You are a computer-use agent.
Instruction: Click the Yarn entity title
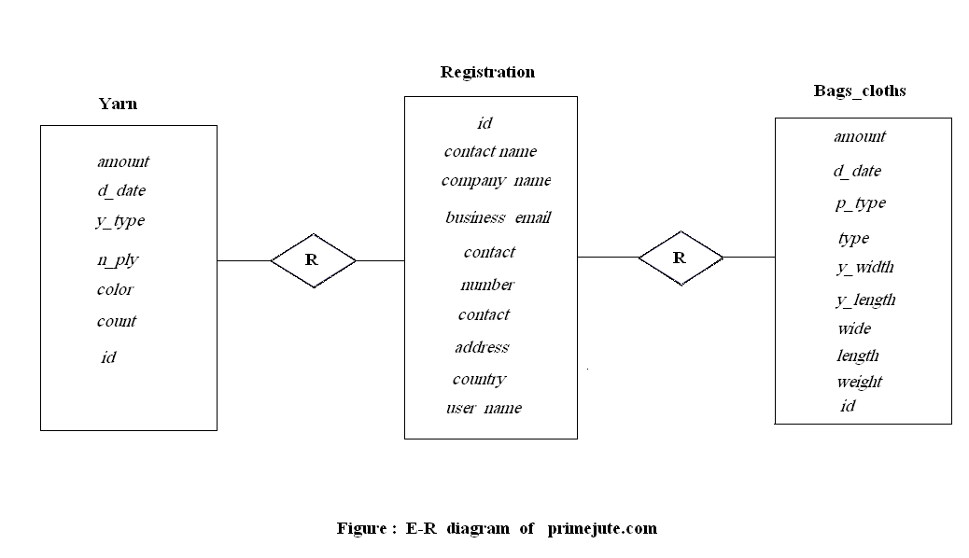coord(118,104)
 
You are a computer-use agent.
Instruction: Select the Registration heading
coord(487,72)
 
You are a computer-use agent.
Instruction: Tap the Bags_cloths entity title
coord(860,91)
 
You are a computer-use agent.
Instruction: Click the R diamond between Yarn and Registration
coord(313,260)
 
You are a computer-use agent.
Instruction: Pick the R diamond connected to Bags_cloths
coord(680,257)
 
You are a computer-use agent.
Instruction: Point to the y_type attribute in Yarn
coord(120,221)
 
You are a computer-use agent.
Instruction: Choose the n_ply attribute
coord(118,260)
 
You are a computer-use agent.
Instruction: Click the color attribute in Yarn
coord(115,289)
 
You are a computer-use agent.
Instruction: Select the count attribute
coord(117,321)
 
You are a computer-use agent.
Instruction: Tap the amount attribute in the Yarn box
coord(122,161)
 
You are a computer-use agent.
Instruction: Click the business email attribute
coord(498,217)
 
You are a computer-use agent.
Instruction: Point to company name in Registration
coord(496,180)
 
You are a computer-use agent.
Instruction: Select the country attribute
coord(479,379)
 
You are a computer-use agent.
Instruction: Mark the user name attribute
coord(484,408)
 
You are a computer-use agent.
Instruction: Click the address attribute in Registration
coord(482,347)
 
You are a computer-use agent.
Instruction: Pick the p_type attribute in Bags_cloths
coord(860,203)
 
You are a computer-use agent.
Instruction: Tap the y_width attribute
coord(864,267)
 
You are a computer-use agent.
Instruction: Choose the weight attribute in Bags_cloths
coord(859,382)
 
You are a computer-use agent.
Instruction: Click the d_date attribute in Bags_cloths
coord(857,171)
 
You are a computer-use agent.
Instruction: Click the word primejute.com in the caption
coord(602,528)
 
